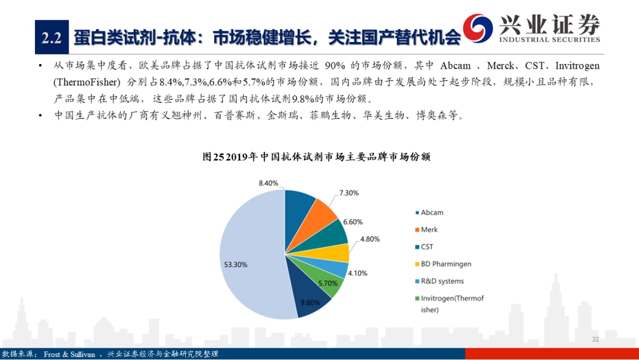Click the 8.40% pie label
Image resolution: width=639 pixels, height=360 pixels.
pyautogui.click(x=269, y=183)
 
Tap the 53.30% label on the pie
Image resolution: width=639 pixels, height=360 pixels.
pyautogui.click(x=235, y=265)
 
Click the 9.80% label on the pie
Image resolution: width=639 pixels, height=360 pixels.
pyautogui.click(x=310, y=303)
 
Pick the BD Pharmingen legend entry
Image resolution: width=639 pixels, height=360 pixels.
pyautogui.click(x=443, y=263)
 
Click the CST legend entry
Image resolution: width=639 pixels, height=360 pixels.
pyautogui.click(x=424, y=247)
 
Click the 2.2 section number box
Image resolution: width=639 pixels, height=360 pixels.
pyautogui.click(x=51, y=37)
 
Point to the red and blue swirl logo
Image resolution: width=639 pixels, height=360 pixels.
pyautogui.click(x=477, y=28)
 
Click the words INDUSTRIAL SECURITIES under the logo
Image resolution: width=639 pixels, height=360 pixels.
pyautogui.click(x=549, y=40)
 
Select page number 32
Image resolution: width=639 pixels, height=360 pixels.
pyautogui.click(x=595, y=339)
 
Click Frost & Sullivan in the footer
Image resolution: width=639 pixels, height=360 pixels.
pyautogui.click(x=69, y=354)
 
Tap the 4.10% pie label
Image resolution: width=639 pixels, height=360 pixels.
pyautogui.click(x=357, y=273)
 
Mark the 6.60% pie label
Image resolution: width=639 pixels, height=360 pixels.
pyautogui.click(x=353, y=222)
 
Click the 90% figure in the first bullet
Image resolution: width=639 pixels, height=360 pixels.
pyautogui.click(x=335, y=66)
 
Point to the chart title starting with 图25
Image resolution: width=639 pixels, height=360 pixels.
pyautogui.click(x=317, y=157)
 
